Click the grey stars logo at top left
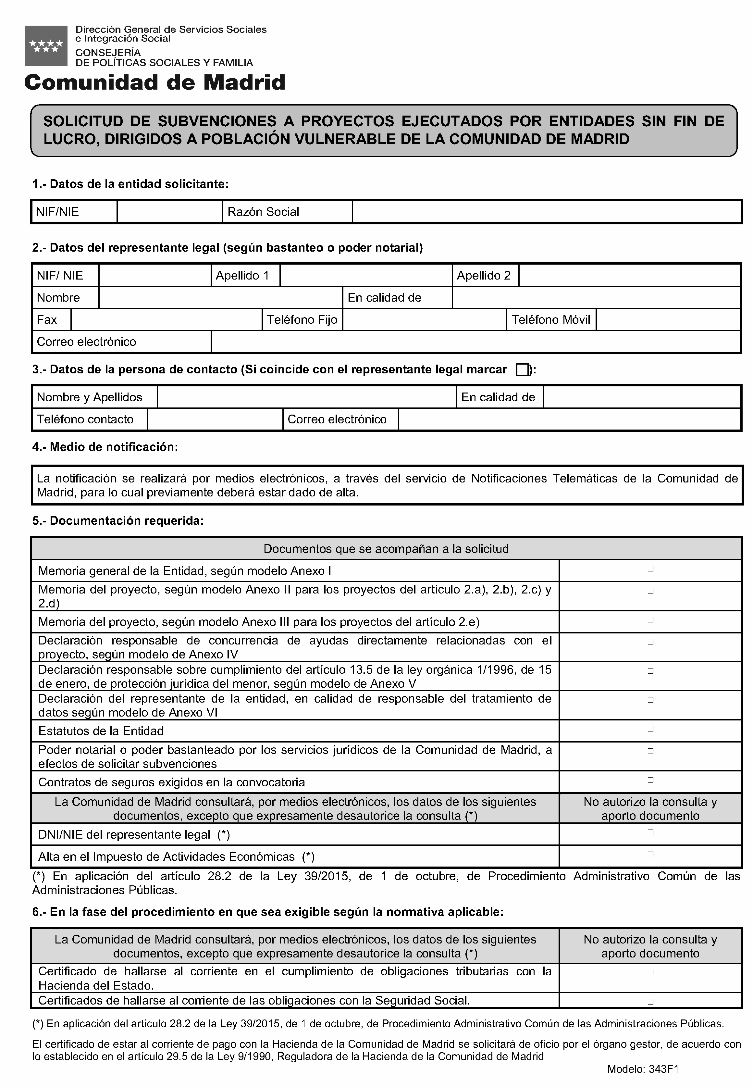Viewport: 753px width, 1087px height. pos(46,46)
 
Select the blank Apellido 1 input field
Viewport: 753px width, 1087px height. pos(366,275)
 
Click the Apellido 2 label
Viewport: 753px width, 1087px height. pos(484,275)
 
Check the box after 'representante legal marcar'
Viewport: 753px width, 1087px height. pos(522,369)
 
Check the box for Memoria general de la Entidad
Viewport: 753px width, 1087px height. pos(650,569)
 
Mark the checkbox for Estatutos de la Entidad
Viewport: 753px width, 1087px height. pos(650,729)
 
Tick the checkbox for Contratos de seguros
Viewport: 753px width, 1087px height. pos(650,780)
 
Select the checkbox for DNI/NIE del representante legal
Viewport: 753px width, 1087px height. pos(650,832)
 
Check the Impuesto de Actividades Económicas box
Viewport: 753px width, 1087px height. pos(650,854)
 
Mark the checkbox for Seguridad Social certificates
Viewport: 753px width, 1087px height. pos(650,1001)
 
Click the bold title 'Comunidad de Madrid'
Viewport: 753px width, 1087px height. pos(155,82)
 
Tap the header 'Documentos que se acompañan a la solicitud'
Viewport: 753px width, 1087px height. pos(386,548)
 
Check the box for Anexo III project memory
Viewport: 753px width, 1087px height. pos(650,620)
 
